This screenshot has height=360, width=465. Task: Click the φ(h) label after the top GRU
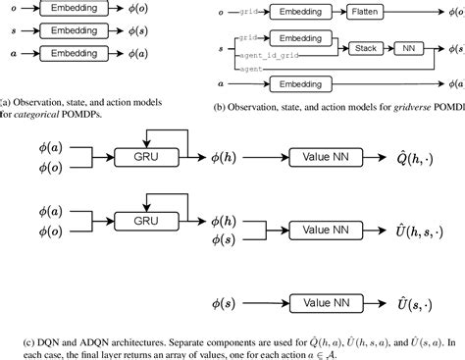coord(207,157)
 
